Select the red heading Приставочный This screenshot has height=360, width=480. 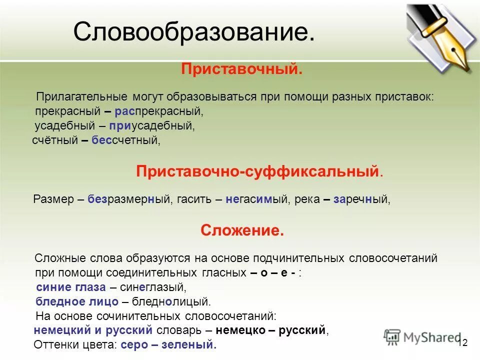coord(241,69)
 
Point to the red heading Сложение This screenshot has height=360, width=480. coord(242,230)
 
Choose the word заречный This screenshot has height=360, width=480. coord(361,199)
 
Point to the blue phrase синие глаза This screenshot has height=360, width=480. coord(71,287)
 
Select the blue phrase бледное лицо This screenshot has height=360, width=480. coord(77,301)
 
